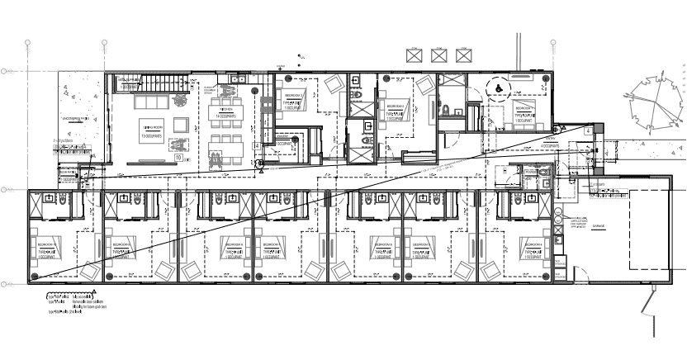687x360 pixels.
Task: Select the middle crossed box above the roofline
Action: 438,55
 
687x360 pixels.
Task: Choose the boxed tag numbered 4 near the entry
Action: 587,131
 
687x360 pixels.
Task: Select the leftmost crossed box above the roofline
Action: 413,55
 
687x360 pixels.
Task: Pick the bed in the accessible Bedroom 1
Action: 525,115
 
